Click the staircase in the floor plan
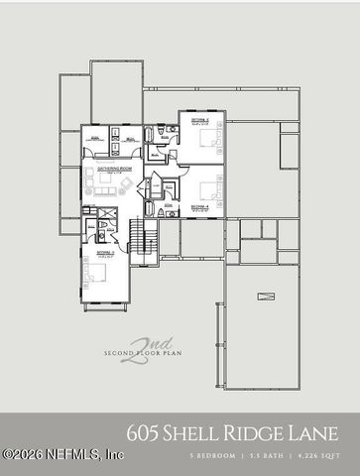pyautogui.click(x=143, y=236)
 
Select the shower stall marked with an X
pyautogui.click(x=90, y=215)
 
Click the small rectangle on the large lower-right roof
pyautogui.click(x=265, y=296)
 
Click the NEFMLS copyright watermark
pyautogui.click(x=61, y=454)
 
